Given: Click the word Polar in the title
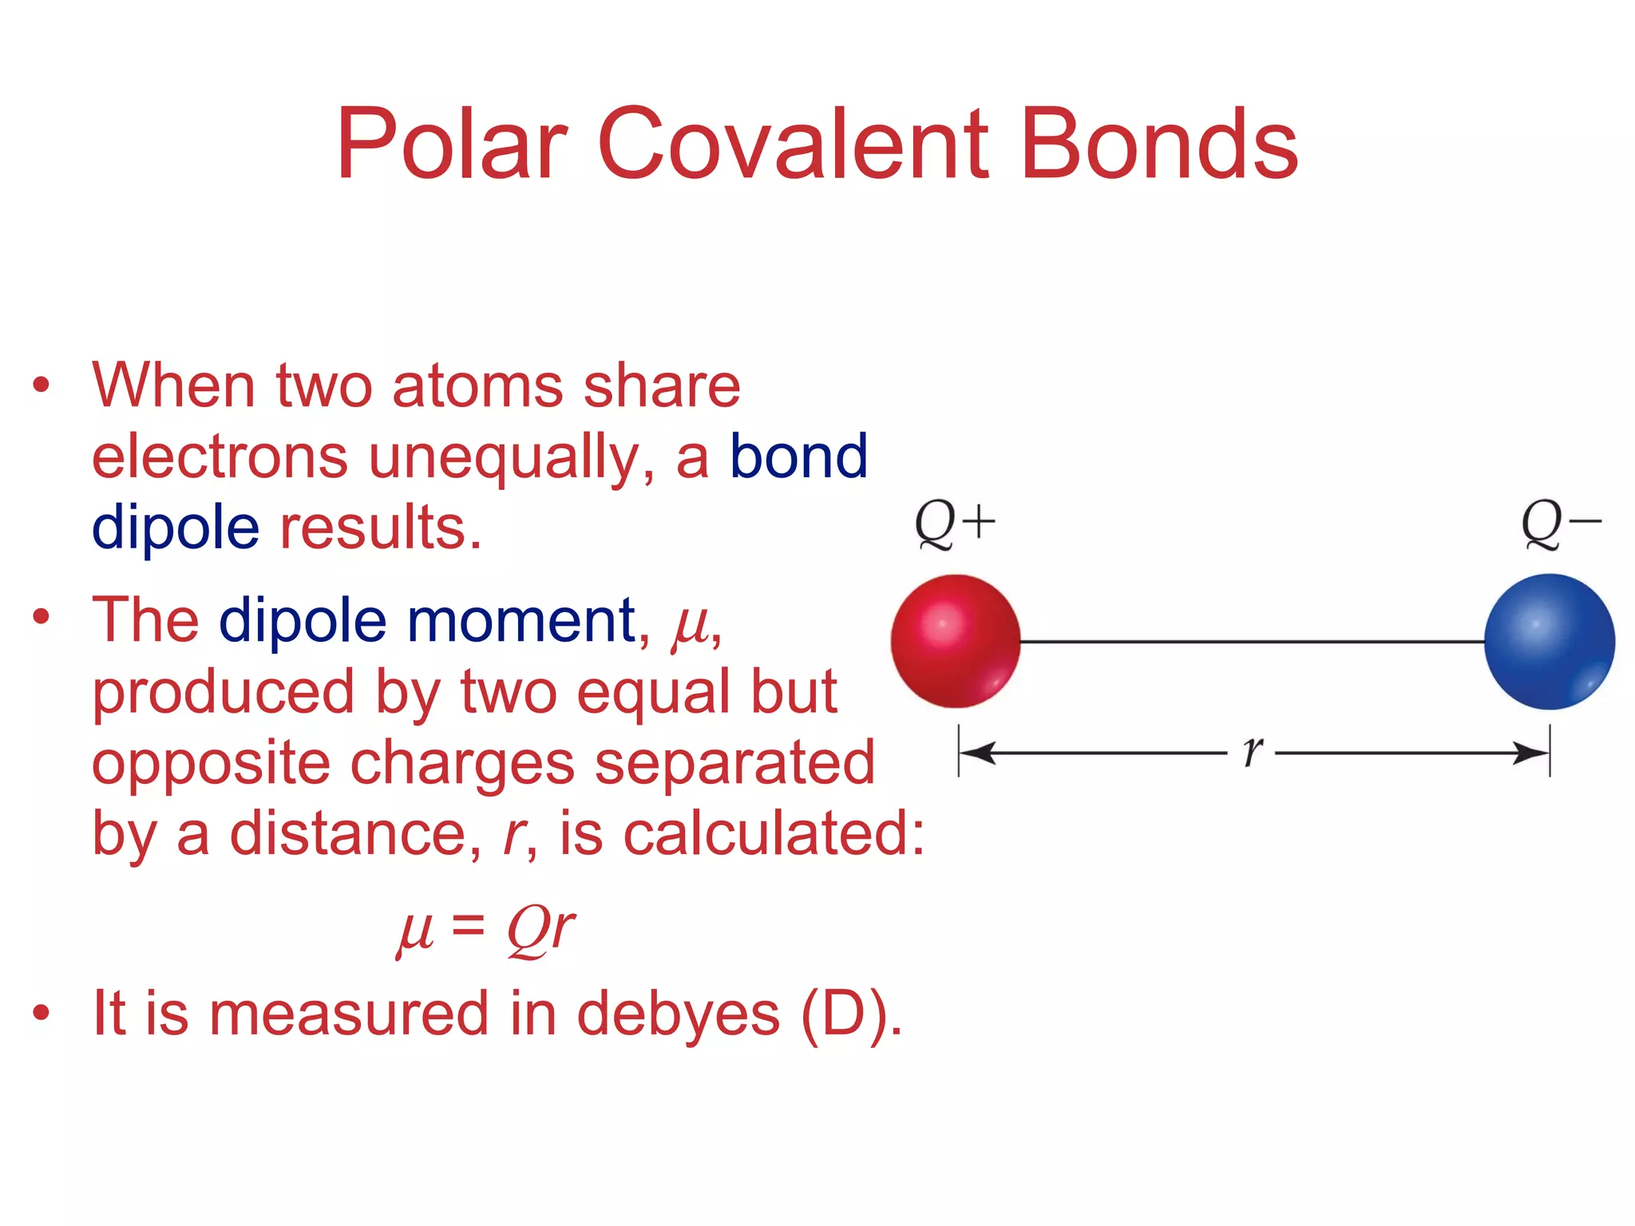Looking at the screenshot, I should point(451,145).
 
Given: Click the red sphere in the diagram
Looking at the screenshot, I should point(956,641).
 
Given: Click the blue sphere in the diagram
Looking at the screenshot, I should point(1549,641).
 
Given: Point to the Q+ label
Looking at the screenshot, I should point(955,524).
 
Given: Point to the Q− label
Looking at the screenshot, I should point(1561,524).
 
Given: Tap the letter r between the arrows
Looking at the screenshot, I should point(1253,751).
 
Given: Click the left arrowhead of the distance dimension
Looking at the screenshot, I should point(976,752).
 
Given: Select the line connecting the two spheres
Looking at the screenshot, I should point(1252,641).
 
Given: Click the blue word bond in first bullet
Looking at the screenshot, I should point(798,457).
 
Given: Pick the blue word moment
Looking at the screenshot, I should point(521,620).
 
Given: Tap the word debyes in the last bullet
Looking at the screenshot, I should point(678,1014).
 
